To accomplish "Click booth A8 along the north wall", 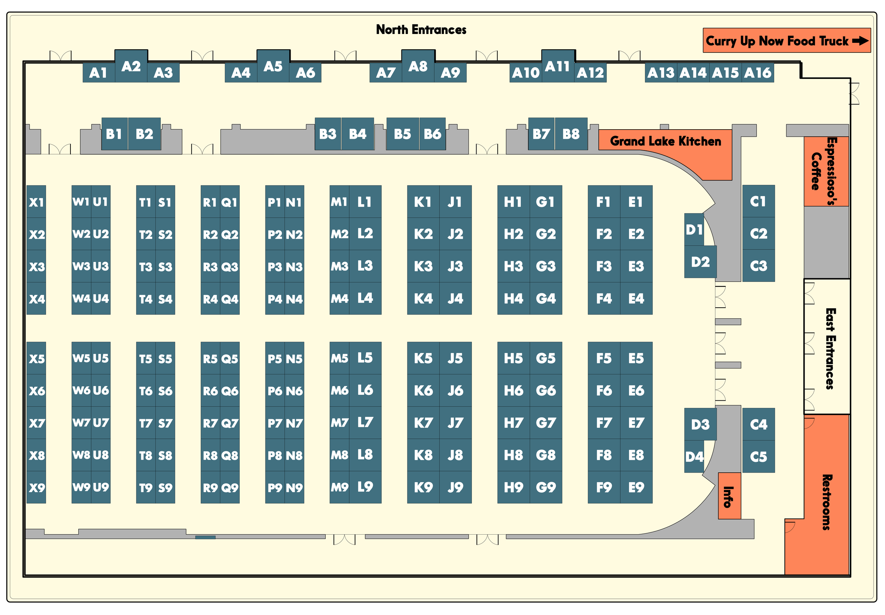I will tap(418, 66).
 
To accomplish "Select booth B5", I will tap(402, 134).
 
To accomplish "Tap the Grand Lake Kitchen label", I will tap(665, 141).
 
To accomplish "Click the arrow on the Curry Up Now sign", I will tap(860, 40).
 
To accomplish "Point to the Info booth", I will tap(729, 496).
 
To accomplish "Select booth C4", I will tap(758, 424).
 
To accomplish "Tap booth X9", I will tap(36, 488).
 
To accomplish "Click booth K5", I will tap(423, 358).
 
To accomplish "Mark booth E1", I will tap(636, 201).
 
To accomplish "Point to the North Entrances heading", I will tap(421, 30).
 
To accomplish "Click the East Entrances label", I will tap(830, 348).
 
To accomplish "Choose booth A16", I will tap(757, 73).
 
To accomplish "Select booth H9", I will tap(513, 488).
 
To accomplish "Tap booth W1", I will tap(81, 201).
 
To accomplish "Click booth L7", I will tap(365, 423).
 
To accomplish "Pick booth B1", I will tap(114, 134).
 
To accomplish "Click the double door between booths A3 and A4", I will tap(202, 57).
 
